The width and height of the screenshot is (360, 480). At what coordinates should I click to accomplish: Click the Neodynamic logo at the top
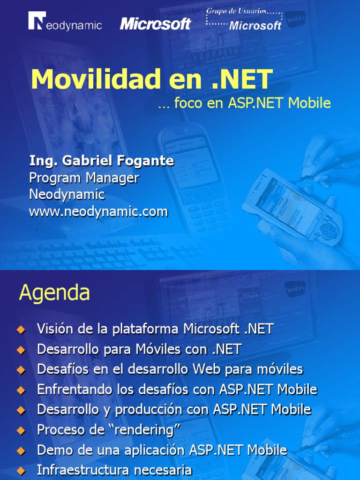pos(65,22)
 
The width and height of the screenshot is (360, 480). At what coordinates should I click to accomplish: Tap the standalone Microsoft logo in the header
pos(155,23)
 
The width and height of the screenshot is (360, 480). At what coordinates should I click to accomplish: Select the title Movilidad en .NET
pos(151,79)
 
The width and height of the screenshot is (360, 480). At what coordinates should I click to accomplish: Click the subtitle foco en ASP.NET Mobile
pos(244,103)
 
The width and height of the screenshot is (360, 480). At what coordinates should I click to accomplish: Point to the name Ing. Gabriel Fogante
pos(101,161)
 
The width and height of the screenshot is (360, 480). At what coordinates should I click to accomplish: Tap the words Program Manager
pos(84,178)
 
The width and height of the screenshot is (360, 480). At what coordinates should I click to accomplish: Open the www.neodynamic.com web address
pos(98,212)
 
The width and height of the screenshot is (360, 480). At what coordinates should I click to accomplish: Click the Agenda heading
pos(54,293)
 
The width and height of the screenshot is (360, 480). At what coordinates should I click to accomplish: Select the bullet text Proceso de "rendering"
pos(109,430)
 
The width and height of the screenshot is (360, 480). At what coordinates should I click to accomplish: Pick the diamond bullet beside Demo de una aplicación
pos(20,451)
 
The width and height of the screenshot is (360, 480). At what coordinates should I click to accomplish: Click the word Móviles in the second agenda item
pos(153,349)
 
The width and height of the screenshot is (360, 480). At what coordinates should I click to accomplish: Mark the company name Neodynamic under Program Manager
pos(67,195)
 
